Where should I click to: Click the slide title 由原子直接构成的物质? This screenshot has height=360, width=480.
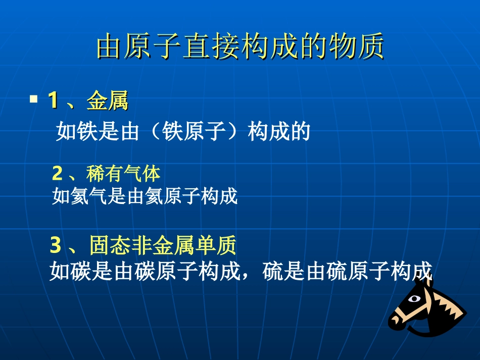[240, 47]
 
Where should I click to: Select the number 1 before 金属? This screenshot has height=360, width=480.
[53, 100]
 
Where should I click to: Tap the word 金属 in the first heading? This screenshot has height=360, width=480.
[107, 101]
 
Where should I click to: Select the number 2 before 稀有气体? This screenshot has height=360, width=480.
[57, 174]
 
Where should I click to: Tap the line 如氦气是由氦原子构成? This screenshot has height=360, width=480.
[145, 196]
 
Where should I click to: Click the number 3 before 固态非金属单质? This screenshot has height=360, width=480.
[56, 246]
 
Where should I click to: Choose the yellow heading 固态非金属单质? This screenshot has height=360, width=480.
[163, 246]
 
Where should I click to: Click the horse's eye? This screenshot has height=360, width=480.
[414, 299]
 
